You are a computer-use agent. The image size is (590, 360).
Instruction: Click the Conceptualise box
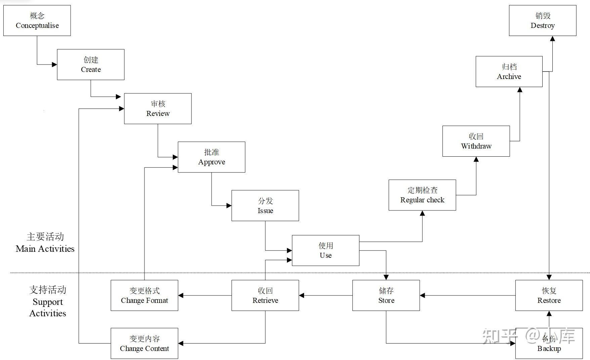point(37,21)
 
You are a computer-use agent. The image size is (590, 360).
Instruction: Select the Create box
point(91,65)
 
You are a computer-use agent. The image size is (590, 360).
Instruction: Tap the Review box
point(158,109)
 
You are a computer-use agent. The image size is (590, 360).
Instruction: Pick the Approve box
point(211,157)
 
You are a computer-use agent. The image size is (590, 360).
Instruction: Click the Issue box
point(265,205)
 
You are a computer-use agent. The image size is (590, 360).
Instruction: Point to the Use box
point(326,250)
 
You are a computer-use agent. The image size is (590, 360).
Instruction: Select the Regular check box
point(422,195)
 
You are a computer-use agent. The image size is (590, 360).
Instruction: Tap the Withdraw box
point(476,141)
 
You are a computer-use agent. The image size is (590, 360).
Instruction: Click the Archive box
point(509,72)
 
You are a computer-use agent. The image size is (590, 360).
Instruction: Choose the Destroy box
point(543,21)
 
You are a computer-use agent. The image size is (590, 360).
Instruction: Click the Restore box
point(549,295)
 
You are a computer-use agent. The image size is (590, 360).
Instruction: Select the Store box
point(386,295)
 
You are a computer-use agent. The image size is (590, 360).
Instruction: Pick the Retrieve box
point(265,295)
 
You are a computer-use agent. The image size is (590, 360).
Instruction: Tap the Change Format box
point(144,295)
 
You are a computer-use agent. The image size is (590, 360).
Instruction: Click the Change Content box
point(144,343)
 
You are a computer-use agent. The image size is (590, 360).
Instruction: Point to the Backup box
point(549,343)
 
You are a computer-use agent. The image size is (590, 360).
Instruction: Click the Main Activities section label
point(45,243)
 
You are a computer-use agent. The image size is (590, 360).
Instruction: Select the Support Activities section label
point(48,302)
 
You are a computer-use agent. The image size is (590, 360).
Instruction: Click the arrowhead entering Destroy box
point(552,39)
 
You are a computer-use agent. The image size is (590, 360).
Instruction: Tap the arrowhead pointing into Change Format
point(181,295)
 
